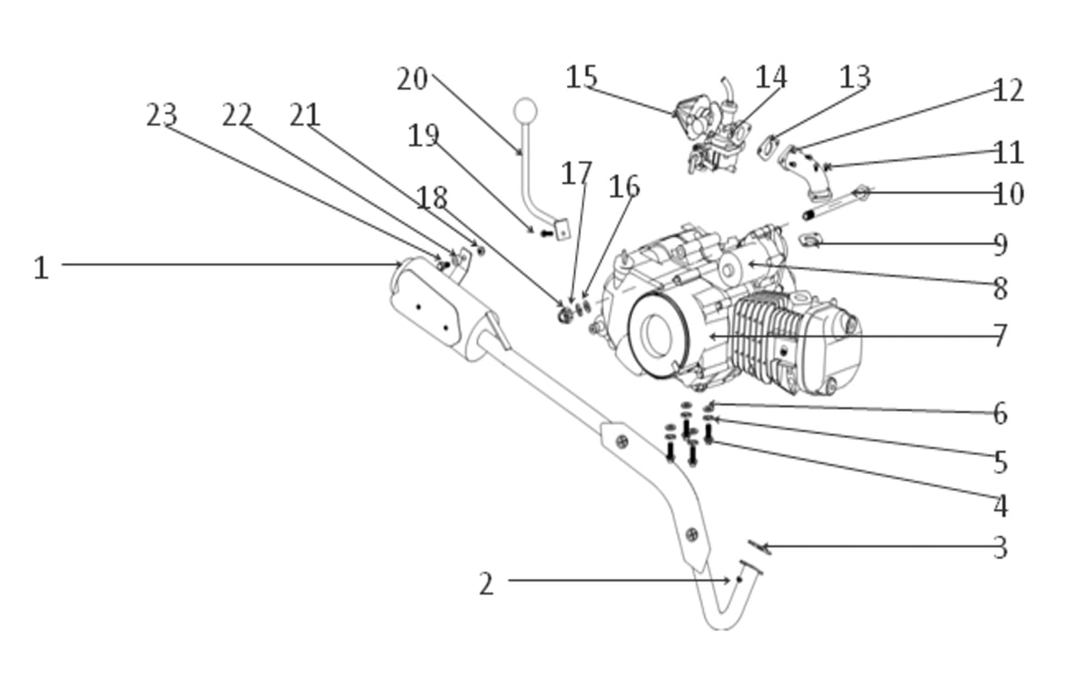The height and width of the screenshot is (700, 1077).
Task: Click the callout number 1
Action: tap(41, 267)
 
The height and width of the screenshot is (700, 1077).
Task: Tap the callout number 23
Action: tap(162, 116)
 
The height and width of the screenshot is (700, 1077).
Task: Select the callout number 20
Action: tap(412, 79)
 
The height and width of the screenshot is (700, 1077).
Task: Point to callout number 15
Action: tap(582, 76)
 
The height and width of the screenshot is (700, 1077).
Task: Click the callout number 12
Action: tap(1008, 90)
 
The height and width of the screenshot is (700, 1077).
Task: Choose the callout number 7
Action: tap(1000, 335)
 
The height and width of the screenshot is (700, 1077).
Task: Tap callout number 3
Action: tap(1000, 547)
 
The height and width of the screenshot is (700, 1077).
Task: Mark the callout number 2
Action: tap(486, 584)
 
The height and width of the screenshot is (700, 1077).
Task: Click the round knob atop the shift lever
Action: tap(525, 110)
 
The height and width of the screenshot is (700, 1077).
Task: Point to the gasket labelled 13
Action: tap(768, 147)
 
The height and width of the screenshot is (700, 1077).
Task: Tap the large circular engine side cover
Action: tap(659, 335)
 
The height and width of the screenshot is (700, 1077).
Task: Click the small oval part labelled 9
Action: tap(810, 240)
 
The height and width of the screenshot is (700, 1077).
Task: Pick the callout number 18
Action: tap(432, 197)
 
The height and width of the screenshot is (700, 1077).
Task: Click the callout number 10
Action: tap(1008, 194)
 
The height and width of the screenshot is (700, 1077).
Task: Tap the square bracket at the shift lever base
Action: tap(562, 230)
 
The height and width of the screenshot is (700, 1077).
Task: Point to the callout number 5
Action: tap(1000, 461)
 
